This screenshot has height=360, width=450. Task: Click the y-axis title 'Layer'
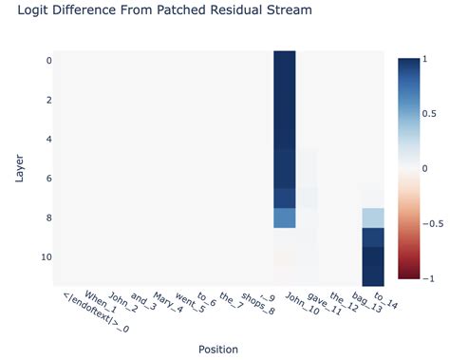(20, 166)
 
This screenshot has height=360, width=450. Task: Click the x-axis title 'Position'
(217, 349)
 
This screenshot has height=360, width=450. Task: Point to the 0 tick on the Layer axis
(48, 60)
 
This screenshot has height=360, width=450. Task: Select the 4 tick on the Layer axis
(48, 139)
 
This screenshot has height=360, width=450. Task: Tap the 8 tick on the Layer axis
(48, 218)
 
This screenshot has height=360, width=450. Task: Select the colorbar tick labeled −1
(428, 278)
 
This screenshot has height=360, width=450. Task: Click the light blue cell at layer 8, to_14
(372, 218)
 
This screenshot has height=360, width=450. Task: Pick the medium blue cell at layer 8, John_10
(284, 218)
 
